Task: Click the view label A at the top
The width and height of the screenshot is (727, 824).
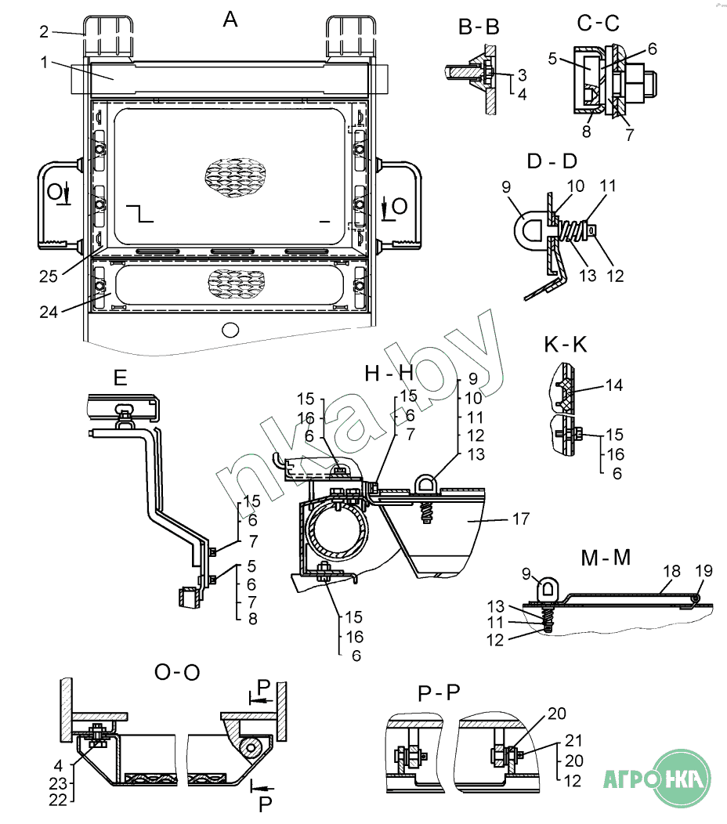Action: tap(230, 20)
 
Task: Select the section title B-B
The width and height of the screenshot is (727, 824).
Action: tap(479, 27)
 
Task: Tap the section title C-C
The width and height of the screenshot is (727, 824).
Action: tap(599, 23)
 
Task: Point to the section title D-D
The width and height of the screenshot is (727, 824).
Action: tap(552, 161)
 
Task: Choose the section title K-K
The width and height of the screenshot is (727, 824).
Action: tap(566, 345)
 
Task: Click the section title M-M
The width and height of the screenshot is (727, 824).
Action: tap(606, 558)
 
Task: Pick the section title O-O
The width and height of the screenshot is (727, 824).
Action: tap(177, 672)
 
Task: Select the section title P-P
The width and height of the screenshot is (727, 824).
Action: tap(439, 693)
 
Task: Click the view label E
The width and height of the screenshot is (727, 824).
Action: tap(121, 378)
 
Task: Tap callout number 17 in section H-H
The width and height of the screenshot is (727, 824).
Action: tap(521, 519)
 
